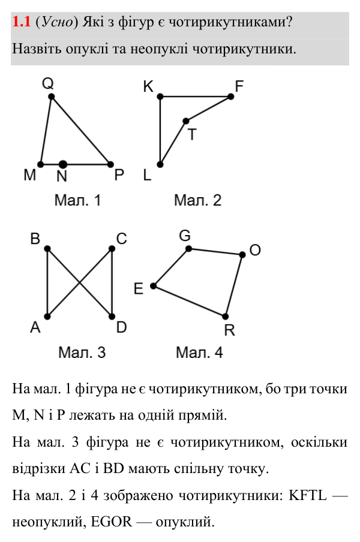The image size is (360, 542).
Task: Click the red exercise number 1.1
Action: point(22,22)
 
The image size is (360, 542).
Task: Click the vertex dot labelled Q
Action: point(51,97)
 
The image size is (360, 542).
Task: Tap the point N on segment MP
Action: point(62,164)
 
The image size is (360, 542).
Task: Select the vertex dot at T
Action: point(186,121)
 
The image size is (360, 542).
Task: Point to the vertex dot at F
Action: point(230,97)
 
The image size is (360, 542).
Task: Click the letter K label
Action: point(148,86)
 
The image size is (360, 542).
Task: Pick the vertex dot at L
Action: point(160,164)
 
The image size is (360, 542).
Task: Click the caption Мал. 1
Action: point(77,200)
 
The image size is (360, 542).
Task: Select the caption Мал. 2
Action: point(197,200)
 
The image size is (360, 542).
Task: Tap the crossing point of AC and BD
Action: point(80,283)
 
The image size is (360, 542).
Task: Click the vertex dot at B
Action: point(47,249)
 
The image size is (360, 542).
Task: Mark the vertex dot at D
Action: point(112,317)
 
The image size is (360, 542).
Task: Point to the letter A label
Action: point(35,327)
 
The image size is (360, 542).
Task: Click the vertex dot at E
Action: point(154,286)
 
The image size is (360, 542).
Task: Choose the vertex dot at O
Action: point(242,255)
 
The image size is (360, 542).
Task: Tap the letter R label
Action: point(229,330)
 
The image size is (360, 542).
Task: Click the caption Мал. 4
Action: point(199,353)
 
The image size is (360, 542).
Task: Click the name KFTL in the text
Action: point(307,495)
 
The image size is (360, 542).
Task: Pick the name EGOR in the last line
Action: point(112,522)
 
